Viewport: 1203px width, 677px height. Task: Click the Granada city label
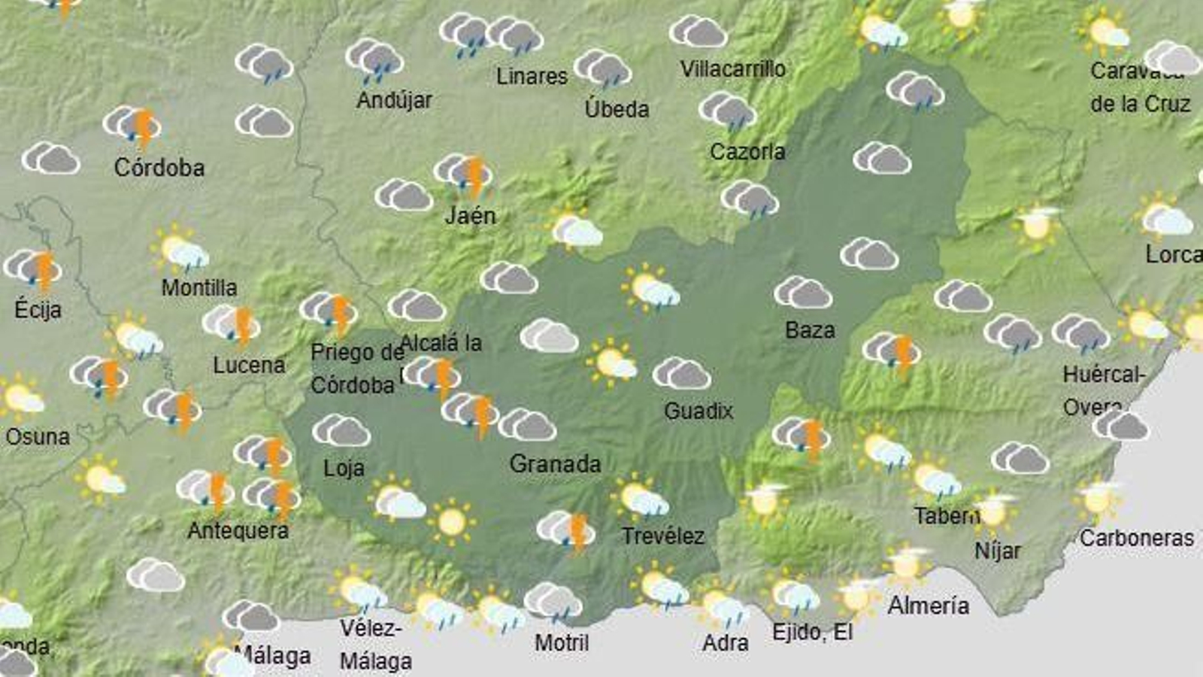tap(555, 463)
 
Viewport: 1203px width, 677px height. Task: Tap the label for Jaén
tap(470, 216)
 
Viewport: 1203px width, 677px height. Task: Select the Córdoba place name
tap(159, 167)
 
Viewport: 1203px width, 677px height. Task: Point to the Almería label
tap(928, 606)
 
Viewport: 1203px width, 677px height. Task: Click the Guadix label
tap(698, 411)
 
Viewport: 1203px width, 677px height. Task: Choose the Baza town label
tap(810, 329)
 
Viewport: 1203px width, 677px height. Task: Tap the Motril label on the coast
tap(562, 643)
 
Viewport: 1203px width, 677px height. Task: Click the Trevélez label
tap(662, 536)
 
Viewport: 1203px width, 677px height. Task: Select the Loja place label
tap(344, 468)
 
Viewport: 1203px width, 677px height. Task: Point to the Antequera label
tap(238, 530)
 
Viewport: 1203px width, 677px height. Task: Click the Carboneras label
tap(1136, 538)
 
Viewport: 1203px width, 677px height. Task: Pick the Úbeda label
tap(617, 109)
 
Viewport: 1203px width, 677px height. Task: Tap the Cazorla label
tap(747, 152)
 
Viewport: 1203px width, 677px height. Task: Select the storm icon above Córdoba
tap(133, 125)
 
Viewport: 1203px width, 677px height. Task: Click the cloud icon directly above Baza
tap(803, 292)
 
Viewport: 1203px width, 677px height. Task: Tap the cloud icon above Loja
tap(341, 430)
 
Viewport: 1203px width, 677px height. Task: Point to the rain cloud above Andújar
tap(374, 60)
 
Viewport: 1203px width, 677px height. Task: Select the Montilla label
tap(199, 287)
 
